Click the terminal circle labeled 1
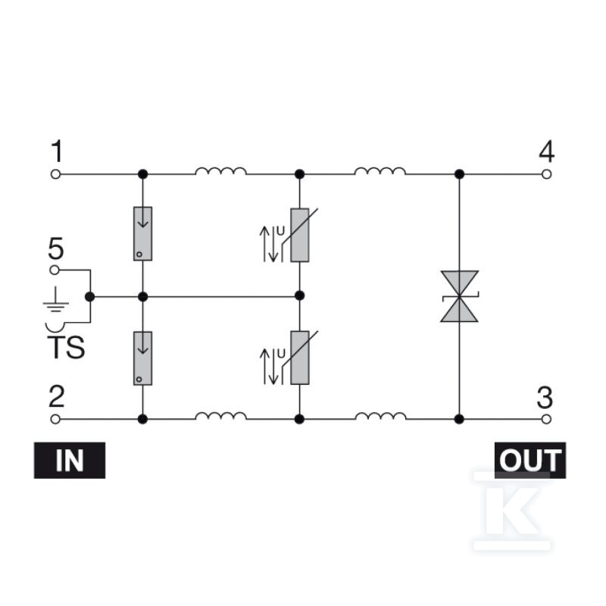point(55,174)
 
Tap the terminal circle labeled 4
point(546,174)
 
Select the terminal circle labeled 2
point(55,419)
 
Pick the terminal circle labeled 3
point(546,419)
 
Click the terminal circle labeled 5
point(55,270)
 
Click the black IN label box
point(70,461)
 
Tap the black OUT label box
point(530,461)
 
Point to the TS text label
point(66,348)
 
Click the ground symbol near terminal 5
point(56,299)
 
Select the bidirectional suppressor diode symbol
point(460,296)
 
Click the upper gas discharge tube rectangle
point(142,234)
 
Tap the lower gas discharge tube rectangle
point(142,358)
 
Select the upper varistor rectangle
point(299,235)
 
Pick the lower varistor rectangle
point(299,358)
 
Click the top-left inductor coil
point(220,171)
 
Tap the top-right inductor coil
point(380,171)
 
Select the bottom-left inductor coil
point(220,416)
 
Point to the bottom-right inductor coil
point(380,416)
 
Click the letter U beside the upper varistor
point(280,231)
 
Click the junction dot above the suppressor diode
point(459,174)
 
